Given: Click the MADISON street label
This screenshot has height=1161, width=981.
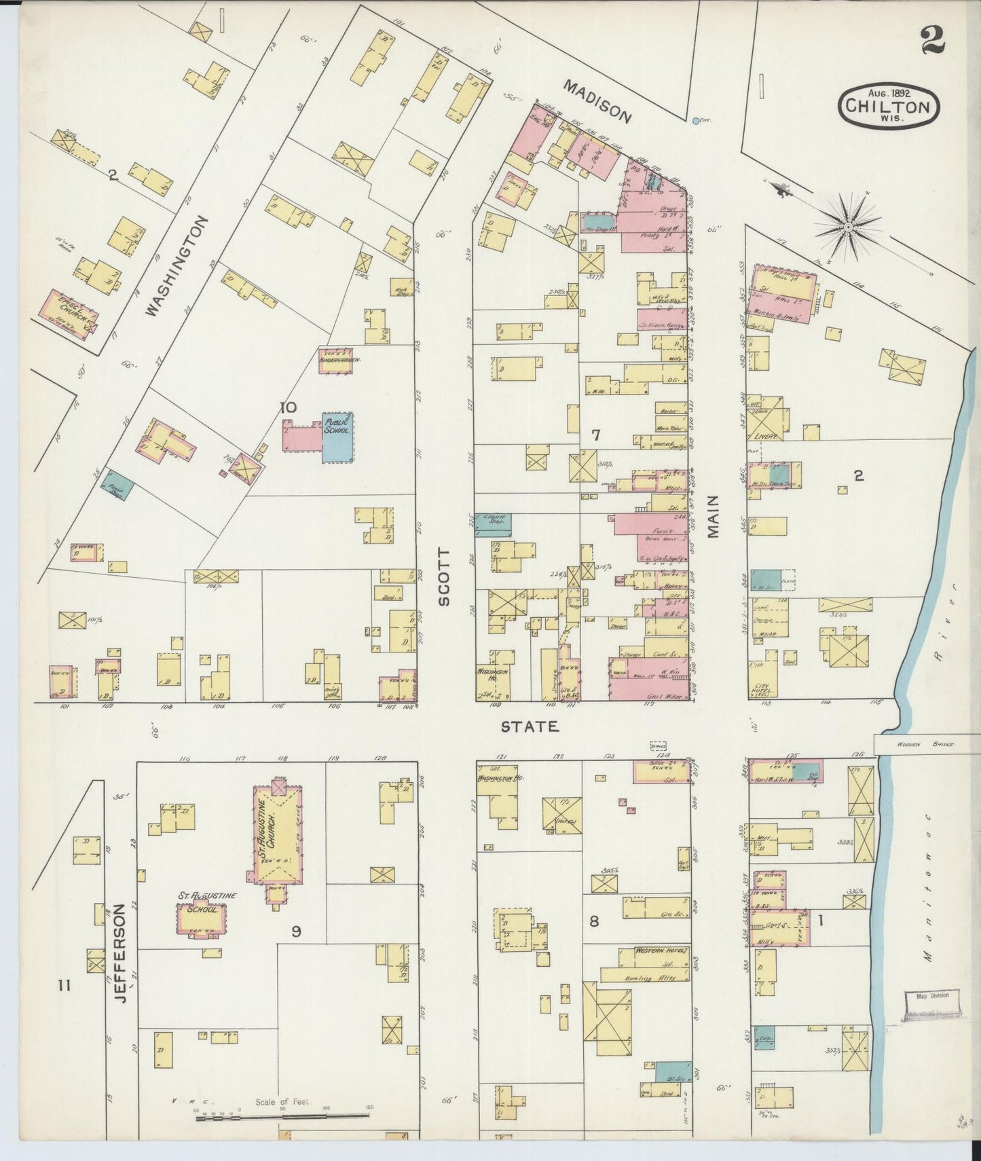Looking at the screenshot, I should point(598,102).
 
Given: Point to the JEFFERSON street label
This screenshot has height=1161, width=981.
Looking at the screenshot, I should point(119,947).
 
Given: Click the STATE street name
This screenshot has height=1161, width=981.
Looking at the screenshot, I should point(530,727).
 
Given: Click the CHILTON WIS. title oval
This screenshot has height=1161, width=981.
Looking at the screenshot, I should point(889,105).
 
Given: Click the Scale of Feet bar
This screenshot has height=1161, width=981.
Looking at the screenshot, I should point(285,1114).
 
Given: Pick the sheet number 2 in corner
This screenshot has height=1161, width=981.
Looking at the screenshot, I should point(933,39).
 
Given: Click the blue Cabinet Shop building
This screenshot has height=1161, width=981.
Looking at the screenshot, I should point(493,524).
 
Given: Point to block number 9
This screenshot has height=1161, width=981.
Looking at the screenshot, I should point(296,931).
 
